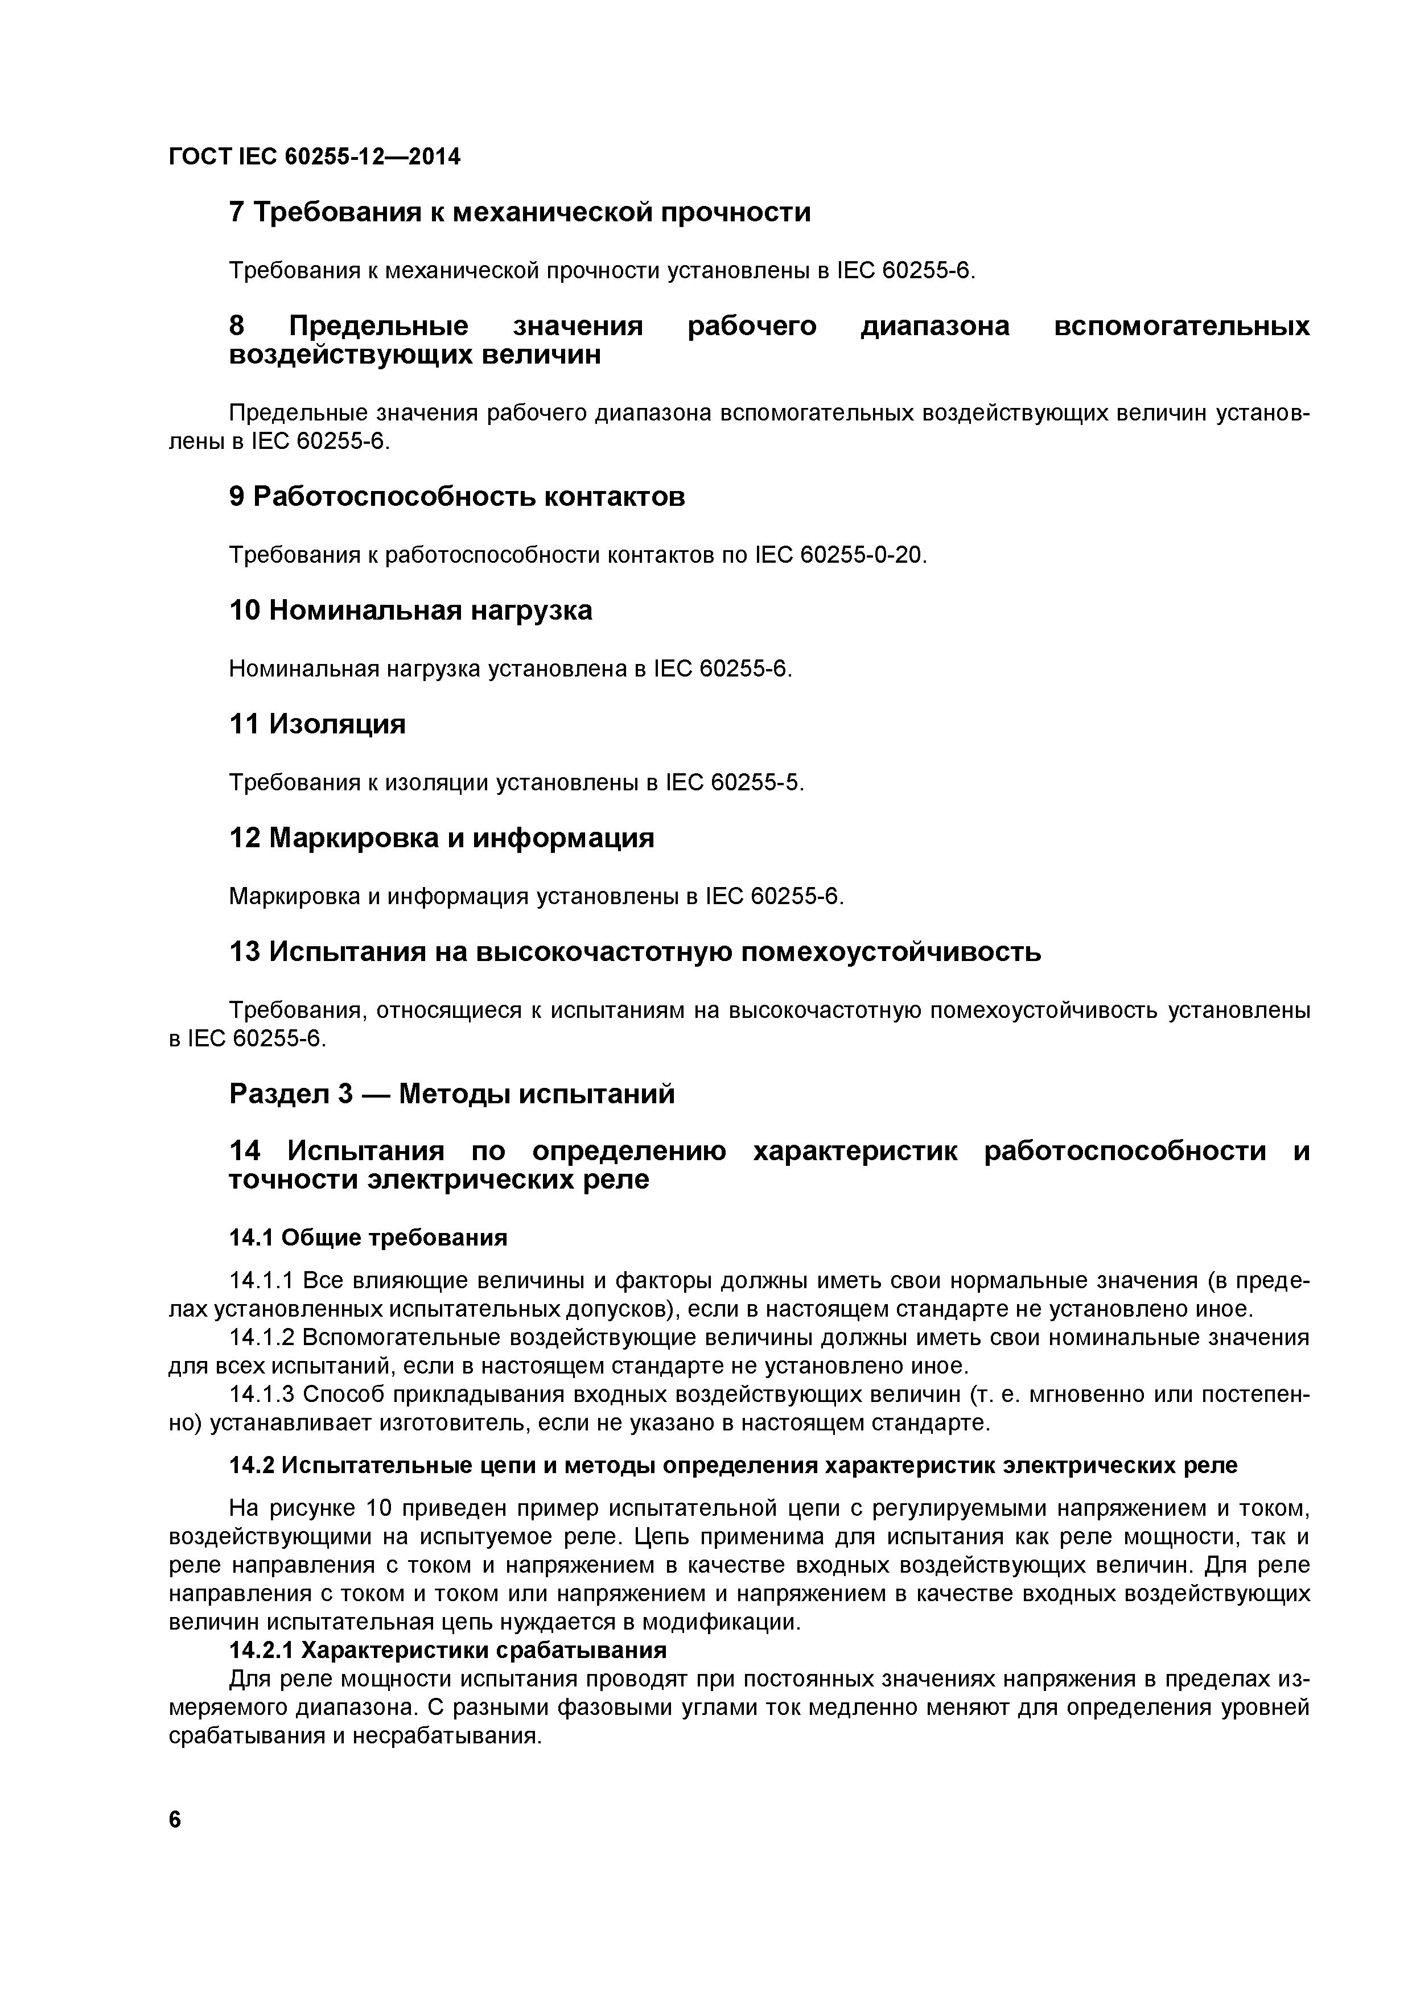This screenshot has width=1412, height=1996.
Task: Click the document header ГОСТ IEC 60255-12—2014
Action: click(x=314, y=156)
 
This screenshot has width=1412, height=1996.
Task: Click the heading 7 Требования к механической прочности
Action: click(x=519, y=212)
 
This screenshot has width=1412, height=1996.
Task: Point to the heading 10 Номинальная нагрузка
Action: click(x=410, y=611)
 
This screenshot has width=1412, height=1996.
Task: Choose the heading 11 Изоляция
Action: click(x=318, y=724)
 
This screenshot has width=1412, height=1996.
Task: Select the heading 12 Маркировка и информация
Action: click(x=442, y=838)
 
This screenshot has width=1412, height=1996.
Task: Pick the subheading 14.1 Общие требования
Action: click(x=368, y=1237)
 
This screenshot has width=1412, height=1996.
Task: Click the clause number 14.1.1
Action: click(x=262, y=1281)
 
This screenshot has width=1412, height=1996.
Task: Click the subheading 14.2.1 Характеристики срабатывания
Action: click(x=448, y=1650)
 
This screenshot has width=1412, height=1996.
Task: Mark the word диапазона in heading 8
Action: click(x=935, y=327)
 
